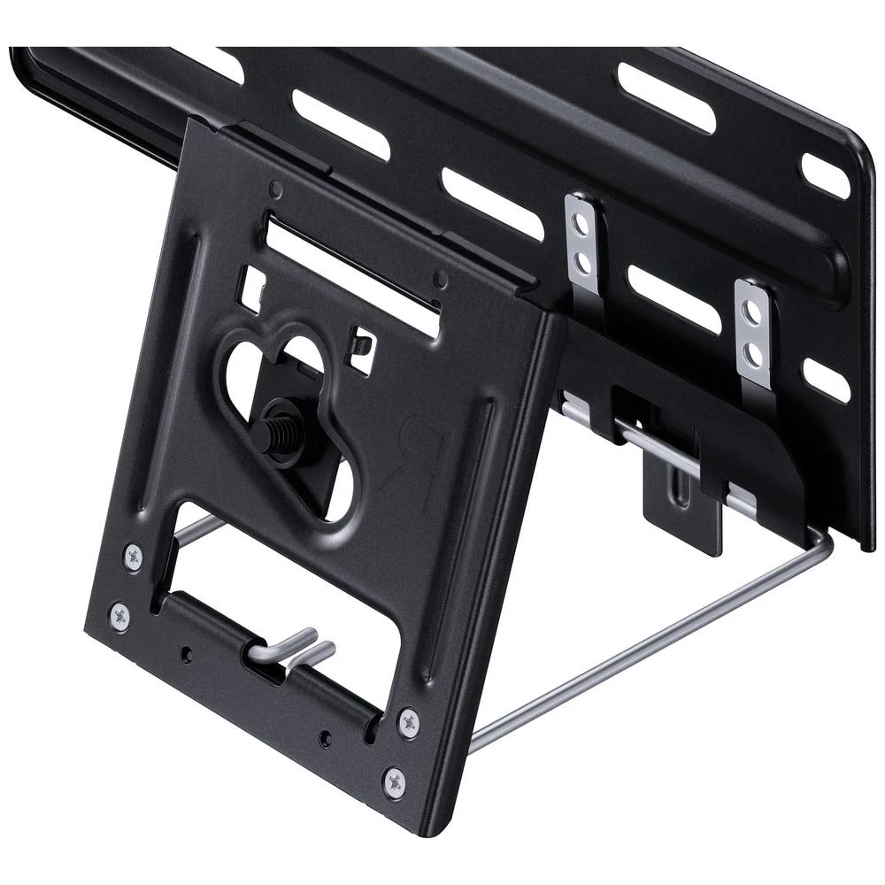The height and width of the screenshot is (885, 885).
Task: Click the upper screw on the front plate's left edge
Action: coord(134,557)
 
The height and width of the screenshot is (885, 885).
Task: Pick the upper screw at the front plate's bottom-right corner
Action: coord(408,721)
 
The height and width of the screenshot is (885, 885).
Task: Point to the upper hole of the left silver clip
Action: coord(580,218)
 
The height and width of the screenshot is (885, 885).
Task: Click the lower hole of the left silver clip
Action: coord(583,263)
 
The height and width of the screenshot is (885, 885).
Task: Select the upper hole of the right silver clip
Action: coord(750,312)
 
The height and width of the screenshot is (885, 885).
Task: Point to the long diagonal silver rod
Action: coord(646,650)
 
